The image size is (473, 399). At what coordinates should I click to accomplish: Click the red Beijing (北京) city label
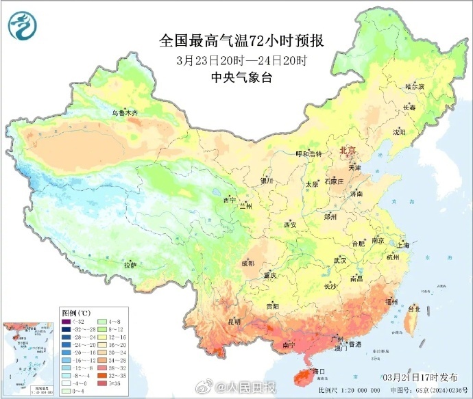click(348, 151)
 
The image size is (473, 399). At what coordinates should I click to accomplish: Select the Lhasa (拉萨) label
click(130, 264)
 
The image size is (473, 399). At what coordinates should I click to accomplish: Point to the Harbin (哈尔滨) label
click(415, 87)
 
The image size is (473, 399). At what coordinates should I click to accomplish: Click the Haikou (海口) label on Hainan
click(315, 370)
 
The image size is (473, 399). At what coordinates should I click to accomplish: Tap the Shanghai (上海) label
click(402, 244)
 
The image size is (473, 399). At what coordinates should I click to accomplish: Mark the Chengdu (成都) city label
click(247, 263)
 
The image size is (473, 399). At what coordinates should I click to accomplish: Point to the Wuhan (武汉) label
click(340, 261)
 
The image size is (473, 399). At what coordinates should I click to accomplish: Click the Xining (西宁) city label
click(230, 201)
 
